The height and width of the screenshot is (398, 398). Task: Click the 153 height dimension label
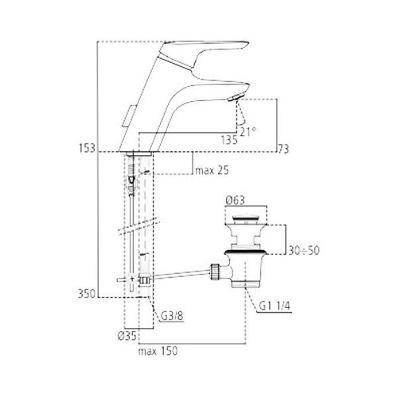87,148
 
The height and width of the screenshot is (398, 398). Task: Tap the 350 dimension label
87,294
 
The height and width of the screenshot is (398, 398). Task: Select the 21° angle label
248,131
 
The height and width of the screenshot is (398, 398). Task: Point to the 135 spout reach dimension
229,140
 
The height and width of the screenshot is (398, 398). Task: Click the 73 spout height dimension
283,149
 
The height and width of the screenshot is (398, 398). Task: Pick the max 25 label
212,170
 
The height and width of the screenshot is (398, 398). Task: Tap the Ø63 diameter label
236,201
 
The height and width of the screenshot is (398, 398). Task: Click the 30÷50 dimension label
304,250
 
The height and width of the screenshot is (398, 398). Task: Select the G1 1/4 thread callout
275,306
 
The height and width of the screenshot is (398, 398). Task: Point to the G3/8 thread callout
172,316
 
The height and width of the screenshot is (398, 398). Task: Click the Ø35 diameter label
127,337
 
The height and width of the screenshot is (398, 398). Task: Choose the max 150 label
158,351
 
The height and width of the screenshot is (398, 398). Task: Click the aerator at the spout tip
234,97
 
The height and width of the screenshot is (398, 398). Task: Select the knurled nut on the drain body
215,271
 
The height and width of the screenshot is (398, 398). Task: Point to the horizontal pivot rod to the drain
181,275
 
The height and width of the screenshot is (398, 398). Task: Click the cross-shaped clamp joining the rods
131,279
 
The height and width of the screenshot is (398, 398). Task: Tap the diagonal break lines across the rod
139,226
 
